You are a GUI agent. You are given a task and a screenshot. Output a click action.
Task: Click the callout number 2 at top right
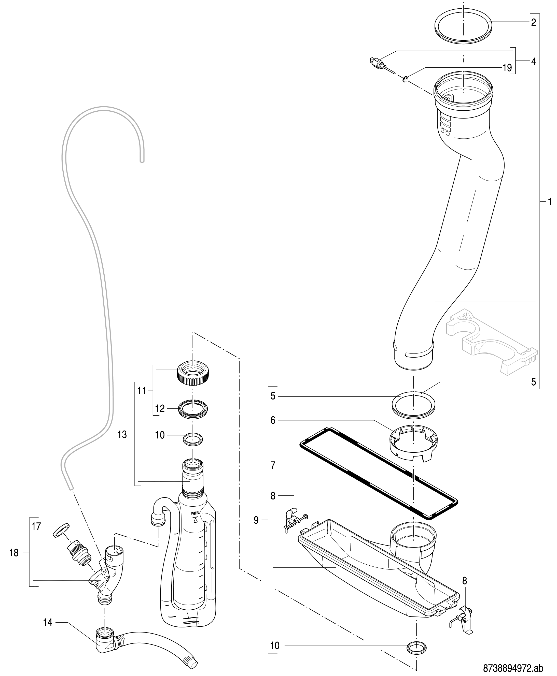click(533, 22)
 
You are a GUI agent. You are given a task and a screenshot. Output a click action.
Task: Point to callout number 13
click(122, 435)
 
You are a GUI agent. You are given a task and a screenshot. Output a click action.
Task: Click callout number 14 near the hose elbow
click(48, 623)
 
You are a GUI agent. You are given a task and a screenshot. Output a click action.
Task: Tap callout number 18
click(14, 553)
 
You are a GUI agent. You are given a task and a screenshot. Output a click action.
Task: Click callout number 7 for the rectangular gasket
click(273, 465)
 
